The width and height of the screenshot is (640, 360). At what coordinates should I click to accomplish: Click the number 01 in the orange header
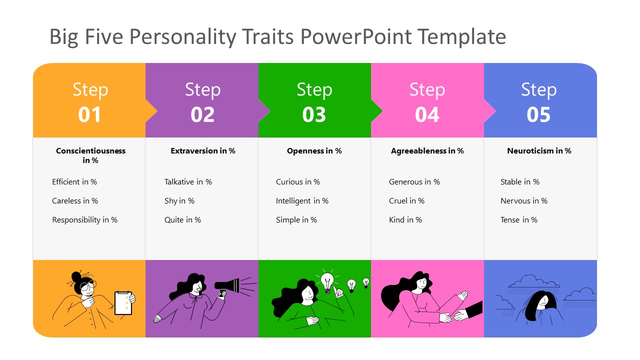pos(89,114)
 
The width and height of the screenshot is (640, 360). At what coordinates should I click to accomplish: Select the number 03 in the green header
pos(314,114)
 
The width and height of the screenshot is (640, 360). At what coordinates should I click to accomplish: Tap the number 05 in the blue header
pos(538,114)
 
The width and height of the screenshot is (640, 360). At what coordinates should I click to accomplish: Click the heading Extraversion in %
pos(202,150)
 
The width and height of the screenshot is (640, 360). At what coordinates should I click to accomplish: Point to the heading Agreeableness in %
pos(427,150)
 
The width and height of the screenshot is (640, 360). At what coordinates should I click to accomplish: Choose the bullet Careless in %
pos(75,201)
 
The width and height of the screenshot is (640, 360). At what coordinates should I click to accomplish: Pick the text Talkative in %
pos(188,182)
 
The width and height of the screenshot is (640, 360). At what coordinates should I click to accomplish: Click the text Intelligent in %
pos(302,201)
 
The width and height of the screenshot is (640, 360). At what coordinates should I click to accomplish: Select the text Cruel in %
pos(406,201)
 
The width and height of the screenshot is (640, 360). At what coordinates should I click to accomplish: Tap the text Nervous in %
pos(523,201)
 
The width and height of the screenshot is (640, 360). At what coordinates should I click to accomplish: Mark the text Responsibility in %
pos(84,220)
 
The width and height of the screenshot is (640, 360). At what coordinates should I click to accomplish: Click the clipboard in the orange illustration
pos(123,303)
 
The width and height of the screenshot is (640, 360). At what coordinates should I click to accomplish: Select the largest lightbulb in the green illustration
pos(327,281)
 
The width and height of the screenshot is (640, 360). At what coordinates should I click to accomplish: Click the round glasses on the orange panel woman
pos(87,286)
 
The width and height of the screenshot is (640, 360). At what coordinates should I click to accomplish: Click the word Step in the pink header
pos(426,89)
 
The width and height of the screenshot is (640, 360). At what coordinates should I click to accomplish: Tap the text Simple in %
pos(296,220)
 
